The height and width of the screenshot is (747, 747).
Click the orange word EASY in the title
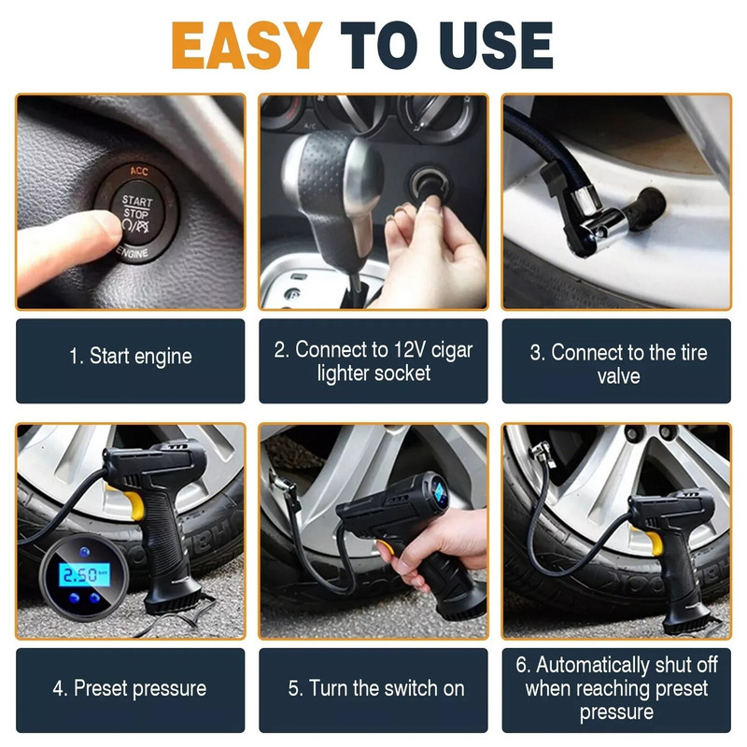[247, 45]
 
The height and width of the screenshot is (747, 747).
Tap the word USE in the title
[496, 45]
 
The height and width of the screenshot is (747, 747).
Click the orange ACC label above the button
[139, 171]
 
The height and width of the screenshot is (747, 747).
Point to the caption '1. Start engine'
[130, 357]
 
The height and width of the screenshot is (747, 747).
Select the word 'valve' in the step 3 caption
[618, 376]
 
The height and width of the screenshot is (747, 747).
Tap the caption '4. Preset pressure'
[130, 689]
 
